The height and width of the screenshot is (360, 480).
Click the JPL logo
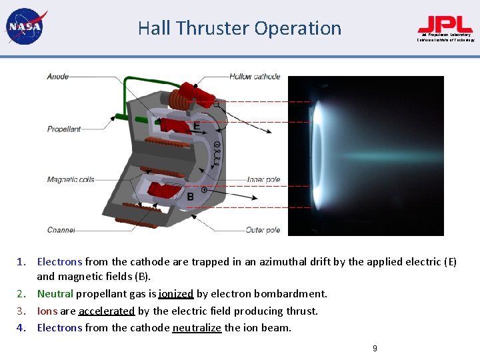[445, 27]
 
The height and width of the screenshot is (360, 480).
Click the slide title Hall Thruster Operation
[239, 28]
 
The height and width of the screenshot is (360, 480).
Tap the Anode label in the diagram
[58, 77]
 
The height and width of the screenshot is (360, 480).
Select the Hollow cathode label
[255, 77]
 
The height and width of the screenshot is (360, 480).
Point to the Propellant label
[64, 129]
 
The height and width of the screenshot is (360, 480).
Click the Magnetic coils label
[71, 179]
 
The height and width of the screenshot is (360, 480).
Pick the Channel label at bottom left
[61, 230]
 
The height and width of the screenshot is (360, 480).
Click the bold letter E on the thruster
[196, 126]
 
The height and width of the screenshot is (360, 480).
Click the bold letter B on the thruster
[191, 196]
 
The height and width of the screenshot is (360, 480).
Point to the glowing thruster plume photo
[365, 155]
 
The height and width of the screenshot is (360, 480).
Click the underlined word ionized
[176, 293]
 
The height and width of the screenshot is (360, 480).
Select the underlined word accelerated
[107, 311]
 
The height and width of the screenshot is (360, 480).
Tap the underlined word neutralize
[197, 327]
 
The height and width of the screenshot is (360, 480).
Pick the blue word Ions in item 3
[47, 311]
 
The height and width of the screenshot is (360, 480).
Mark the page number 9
[375, 348]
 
